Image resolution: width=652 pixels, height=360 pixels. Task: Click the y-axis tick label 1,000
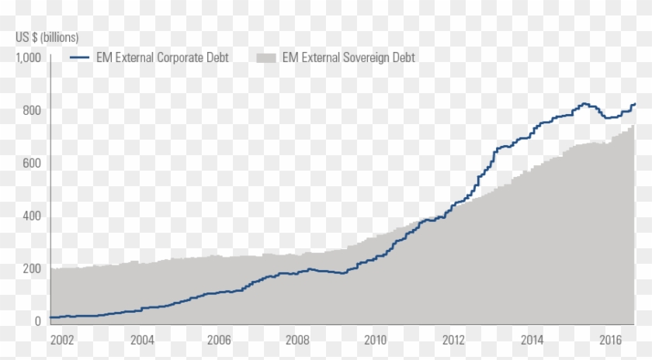tap(28, 57)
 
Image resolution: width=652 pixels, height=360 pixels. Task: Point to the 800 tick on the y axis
tap(30, 110)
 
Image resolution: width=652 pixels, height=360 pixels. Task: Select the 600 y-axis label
tap(30, 163)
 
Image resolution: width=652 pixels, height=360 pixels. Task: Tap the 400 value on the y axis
tap(30, 216)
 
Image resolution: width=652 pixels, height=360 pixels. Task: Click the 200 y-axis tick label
tap(30, 268)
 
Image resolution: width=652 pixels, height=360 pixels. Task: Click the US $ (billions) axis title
tap(47, 37)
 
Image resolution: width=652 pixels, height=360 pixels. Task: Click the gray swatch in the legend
tap(266, 57)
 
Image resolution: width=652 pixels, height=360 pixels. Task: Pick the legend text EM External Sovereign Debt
tap(349, 57)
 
